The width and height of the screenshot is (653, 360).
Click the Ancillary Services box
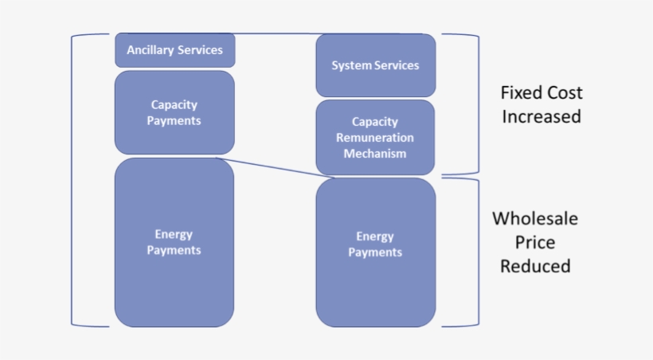[x=174, y=50]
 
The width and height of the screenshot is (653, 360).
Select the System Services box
[x=375, y=65]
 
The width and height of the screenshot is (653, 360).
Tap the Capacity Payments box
[x=174, y=112]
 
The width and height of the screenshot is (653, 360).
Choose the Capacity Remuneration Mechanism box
[x=375, y=137]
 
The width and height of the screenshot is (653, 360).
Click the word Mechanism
[x=375, y=153]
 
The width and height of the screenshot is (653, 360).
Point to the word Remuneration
[x=375, y=138]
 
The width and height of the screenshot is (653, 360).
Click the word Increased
[x=541, y=116]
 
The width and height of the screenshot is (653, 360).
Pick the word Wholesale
[x=534, y=218]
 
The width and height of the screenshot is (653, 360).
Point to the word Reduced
[x=535, y=266]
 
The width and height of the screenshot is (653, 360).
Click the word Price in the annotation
[x=535, y=242]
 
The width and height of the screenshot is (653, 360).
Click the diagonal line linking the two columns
[x=271, y=166]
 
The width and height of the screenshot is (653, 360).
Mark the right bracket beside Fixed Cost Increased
[x=478, y=104]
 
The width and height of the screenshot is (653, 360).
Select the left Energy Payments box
[x=174, y=242]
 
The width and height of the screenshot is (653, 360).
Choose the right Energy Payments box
[x=375, y=252]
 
